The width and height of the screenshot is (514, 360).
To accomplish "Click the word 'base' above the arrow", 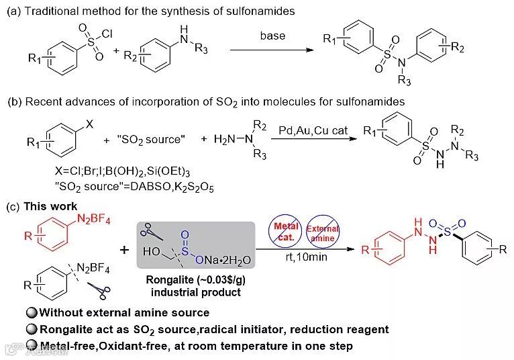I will pyautogui.click(x=272, y=36).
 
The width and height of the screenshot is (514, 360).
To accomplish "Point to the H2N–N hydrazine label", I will pyautogui.click(x=225, y=140).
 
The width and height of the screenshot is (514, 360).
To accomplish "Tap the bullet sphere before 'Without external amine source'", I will pyautogui.click(x=31, y=312).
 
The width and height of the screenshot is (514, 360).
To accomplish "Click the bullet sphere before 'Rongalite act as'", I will pyautogui.click(x=31, y=329).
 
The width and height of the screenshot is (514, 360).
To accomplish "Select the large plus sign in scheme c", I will pyautogui.click(x=124, y=250).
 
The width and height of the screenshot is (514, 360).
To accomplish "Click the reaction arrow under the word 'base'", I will pyautogui.click(x=272, y=50).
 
